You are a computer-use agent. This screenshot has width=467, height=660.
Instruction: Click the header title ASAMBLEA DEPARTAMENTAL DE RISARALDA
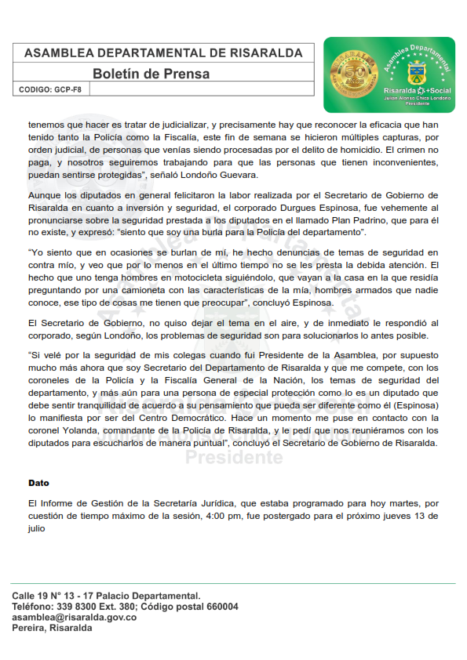pos(163,53)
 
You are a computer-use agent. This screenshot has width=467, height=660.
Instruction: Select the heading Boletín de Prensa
pos(151,74)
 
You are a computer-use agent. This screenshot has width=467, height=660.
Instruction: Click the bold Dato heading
pos(38,482)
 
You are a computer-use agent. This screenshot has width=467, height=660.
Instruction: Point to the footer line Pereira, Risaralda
pos(52,628)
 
